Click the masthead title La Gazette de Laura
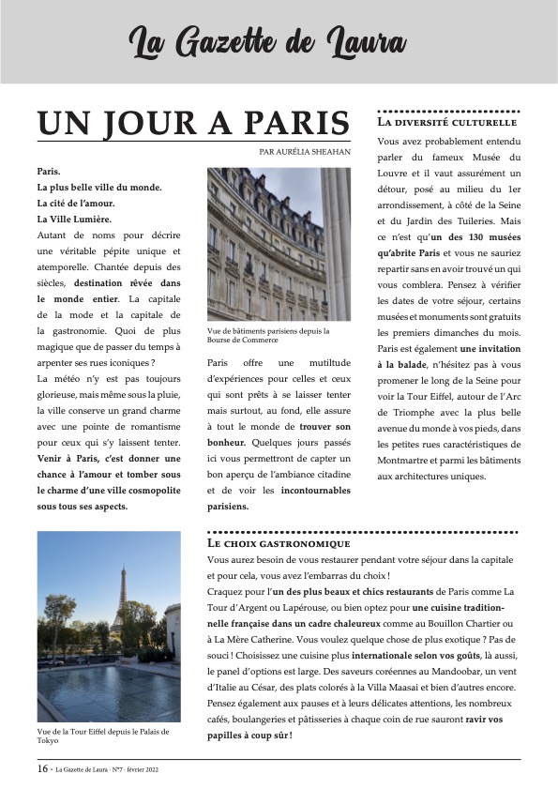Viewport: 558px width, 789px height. coord(267,42)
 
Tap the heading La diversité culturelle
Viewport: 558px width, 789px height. coord(446,123)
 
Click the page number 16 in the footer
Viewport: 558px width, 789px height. coord(42,768)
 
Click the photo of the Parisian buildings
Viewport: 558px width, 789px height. coord(278,244)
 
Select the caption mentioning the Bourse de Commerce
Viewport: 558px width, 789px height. coord(269,336)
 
